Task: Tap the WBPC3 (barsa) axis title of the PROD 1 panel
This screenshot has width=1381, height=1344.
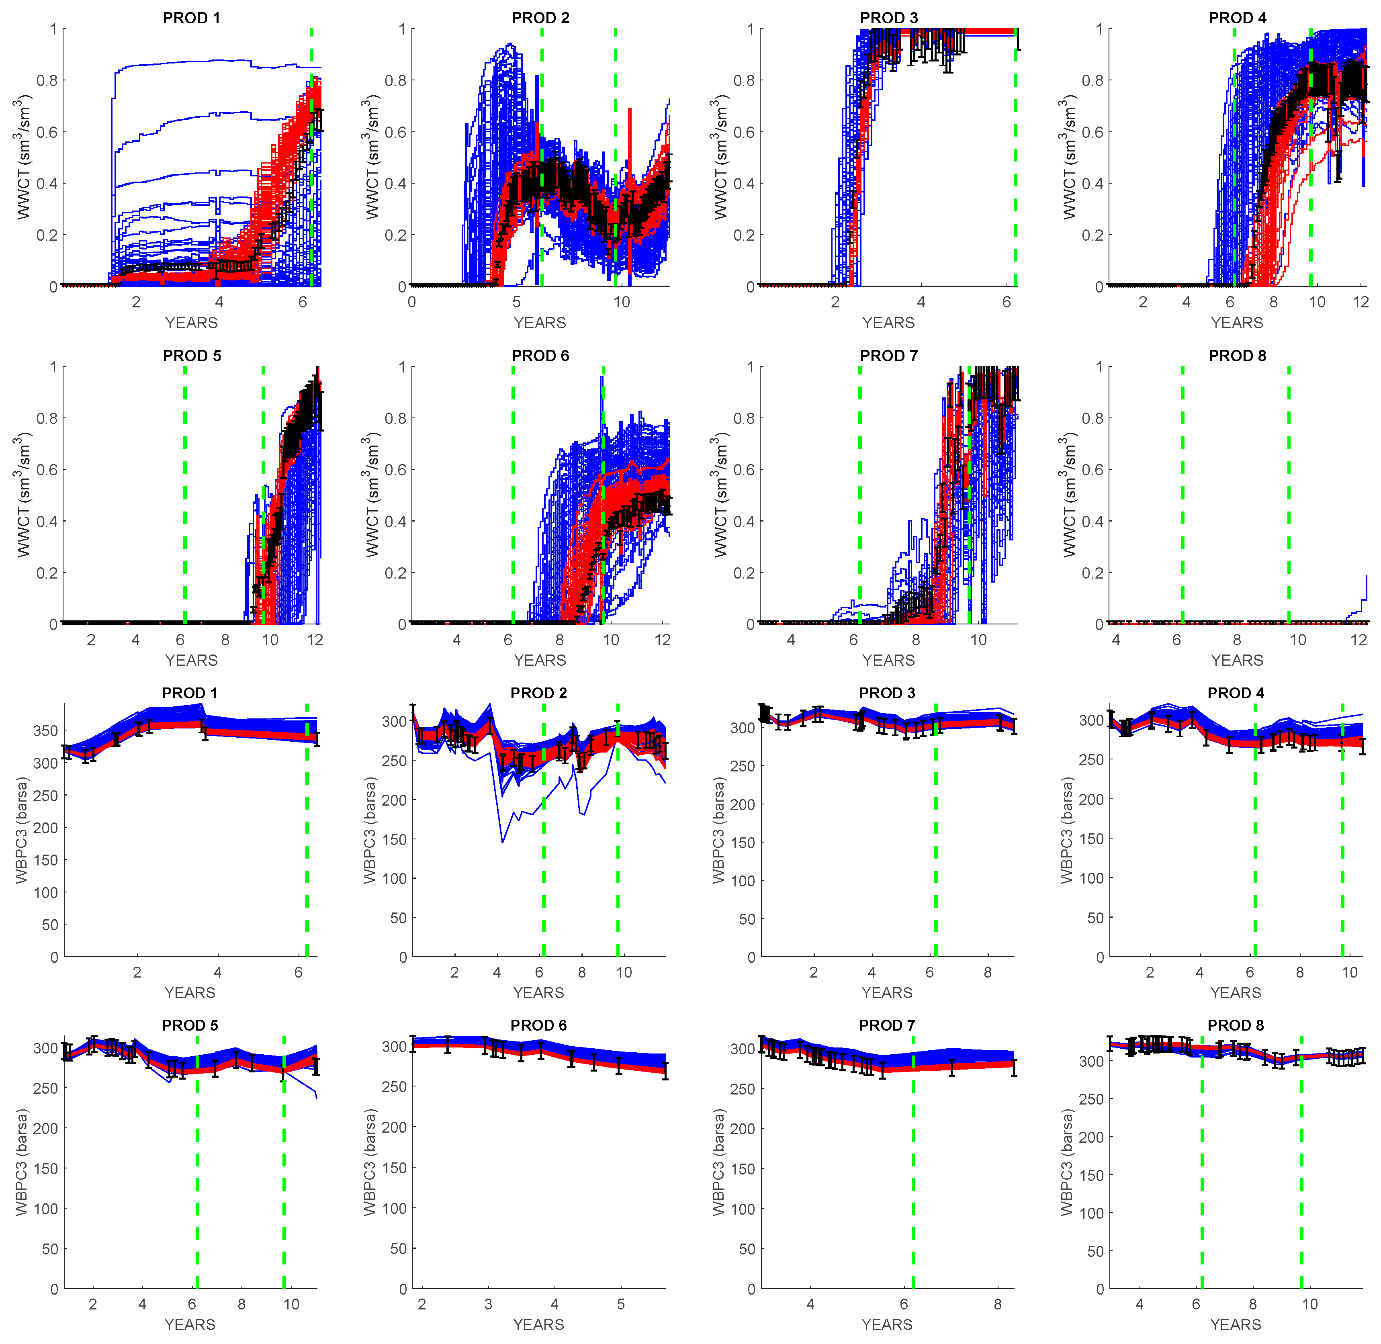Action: [22, 830]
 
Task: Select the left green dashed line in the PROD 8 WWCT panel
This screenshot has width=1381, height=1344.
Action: [1183, 494]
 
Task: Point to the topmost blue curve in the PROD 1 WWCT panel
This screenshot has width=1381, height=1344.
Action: [212, 63]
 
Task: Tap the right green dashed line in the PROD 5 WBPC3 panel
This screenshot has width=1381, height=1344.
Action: [284, 1165]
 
